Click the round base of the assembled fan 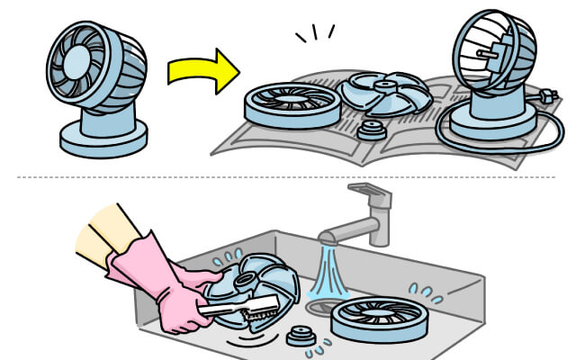(x=103, y=137)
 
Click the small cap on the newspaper (x=367, y=131)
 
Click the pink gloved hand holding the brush (x=184, y=301)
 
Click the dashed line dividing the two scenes (x=288, y=177)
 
